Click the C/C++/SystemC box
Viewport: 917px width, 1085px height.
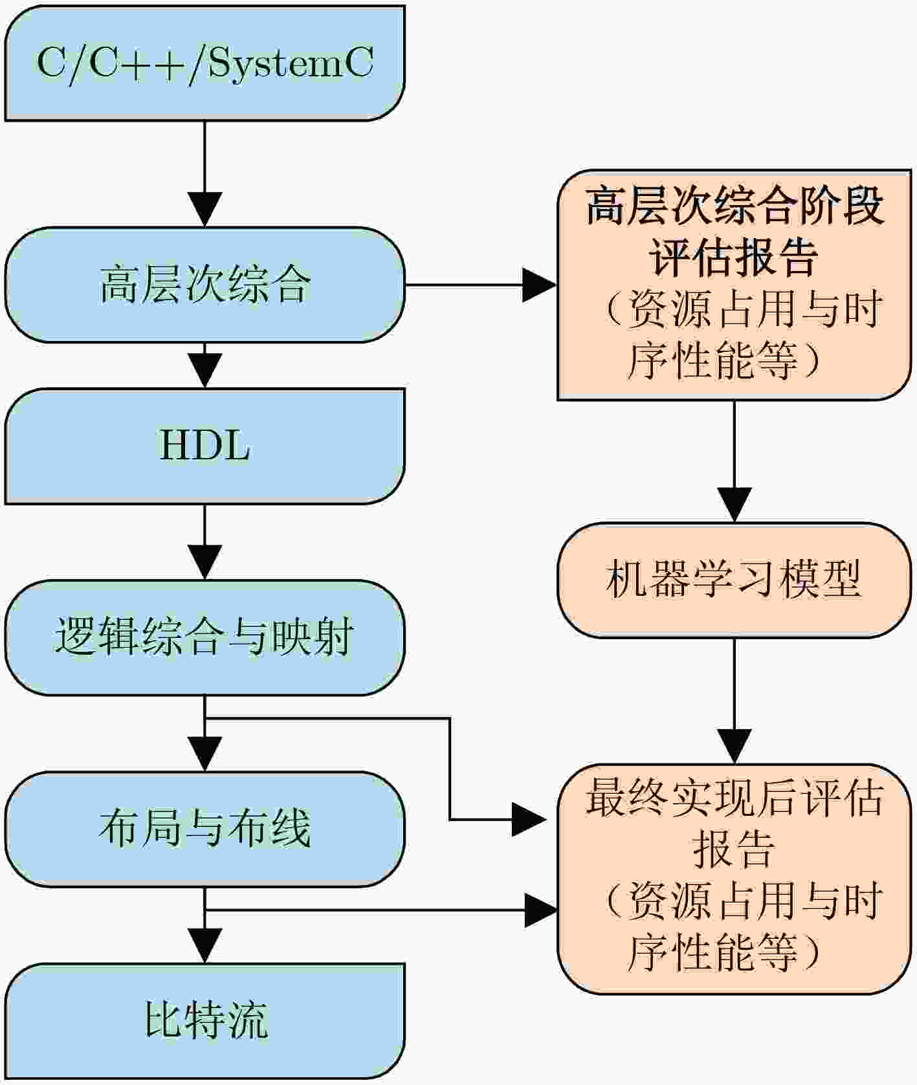[x=204, y=63]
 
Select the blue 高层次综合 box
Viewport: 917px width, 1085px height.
[x=204, y=285]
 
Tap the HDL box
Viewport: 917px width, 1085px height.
[x=204, y=446]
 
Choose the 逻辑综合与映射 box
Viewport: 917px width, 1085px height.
[x=204, y=637]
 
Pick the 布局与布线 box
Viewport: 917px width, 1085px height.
[x=204, y=829]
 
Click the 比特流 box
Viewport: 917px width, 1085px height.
[x=204, y=1020]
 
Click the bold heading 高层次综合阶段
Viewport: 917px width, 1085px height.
[x=735, y=207]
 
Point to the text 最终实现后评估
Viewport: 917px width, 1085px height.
[x=735, y=798]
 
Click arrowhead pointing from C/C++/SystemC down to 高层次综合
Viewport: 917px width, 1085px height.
[x=204, y=209]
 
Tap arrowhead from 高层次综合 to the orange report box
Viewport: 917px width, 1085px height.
[x=540, y=285]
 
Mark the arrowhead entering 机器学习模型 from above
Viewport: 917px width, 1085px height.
[x=734, y=505]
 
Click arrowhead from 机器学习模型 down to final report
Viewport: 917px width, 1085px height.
[x=734, y=746]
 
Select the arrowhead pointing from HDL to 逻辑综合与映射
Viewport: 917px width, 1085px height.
[x=204, y=562]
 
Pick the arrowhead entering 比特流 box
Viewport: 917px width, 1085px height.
[x=204, y=945]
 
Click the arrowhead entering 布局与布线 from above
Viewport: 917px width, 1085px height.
[x=204, y=754]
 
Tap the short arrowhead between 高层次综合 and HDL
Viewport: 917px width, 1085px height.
[x=204, y=371]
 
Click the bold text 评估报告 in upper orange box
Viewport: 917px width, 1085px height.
[x=734, y=258]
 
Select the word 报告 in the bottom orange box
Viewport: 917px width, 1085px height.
[x=734, y=849]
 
